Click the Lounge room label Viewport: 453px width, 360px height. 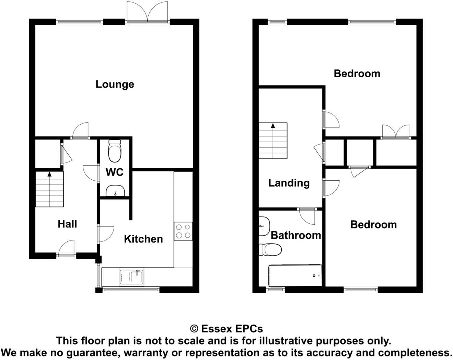pyautogui.click(x=115, y=84)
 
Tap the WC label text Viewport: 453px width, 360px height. pyautogui.click(x=114, y=172)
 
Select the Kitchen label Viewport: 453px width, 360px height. pyautogui.click(x=143, y=239)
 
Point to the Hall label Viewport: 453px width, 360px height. pyautogui.click(x=67, y=224)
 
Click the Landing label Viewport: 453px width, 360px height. pyautogui.click(x=289, y=183)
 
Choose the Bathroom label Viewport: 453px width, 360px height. pyautogui.click(x=295, y=235)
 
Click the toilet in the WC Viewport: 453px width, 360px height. pyautogui.click(x=114, y=151)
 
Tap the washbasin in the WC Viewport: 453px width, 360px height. pyautogui.click(x=114, y=191)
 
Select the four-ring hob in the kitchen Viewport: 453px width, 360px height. pyautogui.click(x=183, y=231)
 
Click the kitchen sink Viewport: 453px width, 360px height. pyautogui.click(x=132, y=277)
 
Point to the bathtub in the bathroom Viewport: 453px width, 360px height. pyautogui.click(x=295, y=275)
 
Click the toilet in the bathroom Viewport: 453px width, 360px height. pyautogui.click(x=270, y=249)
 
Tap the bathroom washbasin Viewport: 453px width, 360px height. pyautogui.click(x=264, y=226)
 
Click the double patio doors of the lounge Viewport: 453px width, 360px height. pyautogui.click(x=148, y=13)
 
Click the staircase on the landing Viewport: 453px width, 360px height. pyautogui.click(x=273, y=141)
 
